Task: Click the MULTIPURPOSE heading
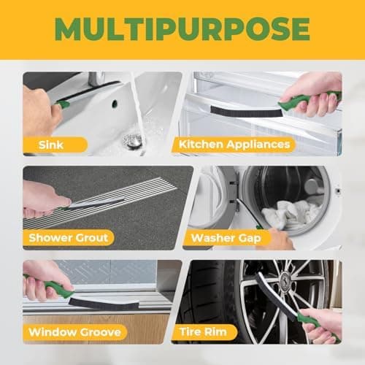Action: click(182, 28)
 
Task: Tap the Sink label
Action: click(51, 145)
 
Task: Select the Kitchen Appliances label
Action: click(234, 145)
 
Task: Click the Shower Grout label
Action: click(68, 238)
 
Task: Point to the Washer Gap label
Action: click(226, 238)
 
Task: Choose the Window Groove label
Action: click(74, 332)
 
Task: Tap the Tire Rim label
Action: click(203, 332)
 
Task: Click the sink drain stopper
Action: click(132, 141)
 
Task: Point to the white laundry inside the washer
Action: click(290, 214)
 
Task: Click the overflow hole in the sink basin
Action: click(115, 103)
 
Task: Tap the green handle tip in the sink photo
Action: click(64, 104)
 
